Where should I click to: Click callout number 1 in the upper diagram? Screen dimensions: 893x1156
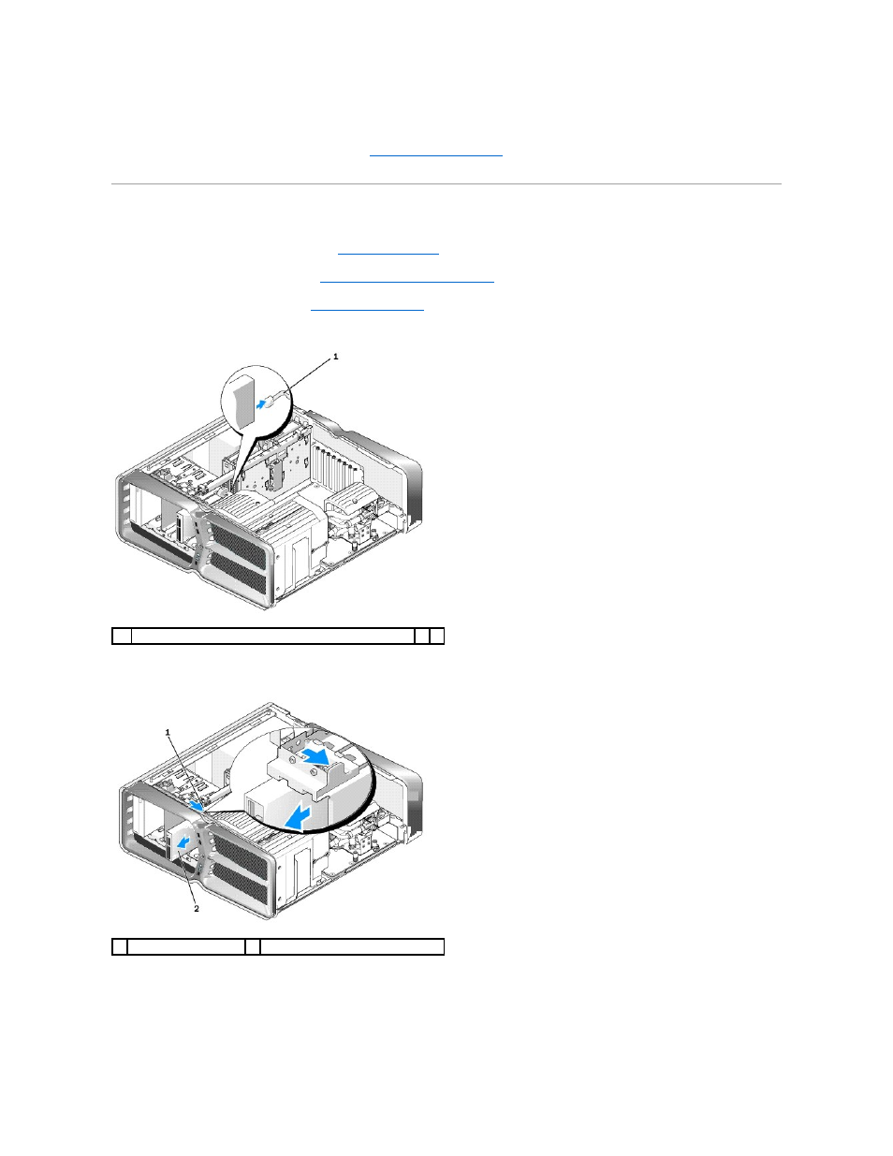point(336,357)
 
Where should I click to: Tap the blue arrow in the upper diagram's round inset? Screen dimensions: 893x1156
point(260,405)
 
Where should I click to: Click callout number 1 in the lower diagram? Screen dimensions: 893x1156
point(168,733)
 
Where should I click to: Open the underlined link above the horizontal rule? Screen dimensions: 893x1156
point(435,154)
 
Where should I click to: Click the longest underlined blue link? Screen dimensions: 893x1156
point(407,281)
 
